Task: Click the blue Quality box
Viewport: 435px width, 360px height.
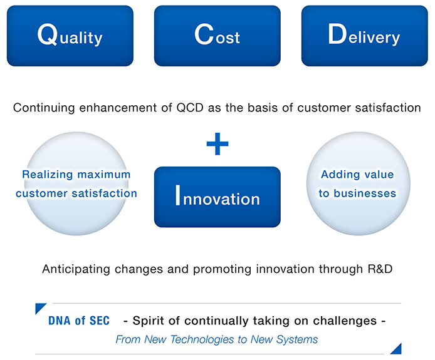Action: pyautogui.click(x=70, y=36)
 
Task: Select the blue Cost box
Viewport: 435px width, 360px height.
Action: pyautogui.click(x=217, y=36)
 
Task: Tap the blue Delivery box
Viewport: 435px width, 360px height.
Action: pyautogui.click(x=365, y=36)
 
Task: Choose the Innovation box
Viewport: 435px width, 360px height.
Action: pyautogui.click(x=217, y=197)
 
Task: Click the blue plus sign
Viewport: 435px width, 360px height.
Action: pyautogui.click(x=217, y=144)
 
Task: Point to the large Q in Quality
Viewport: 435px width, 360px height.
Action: pyautogui.click(x=48, y=34)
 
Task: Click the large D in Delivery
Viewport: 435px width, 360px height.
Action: pyautogui.click(x=337, y=34)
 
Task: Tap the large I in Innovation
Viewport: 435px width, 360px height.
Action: pyautogui.click(x=178, y=195)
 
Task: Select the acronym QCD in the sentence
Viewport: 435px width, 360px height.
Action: pyautogui.click(x=190, y=108)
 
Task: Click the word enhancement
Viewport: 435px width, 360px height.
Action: pyautogui.click(x=118, y=108)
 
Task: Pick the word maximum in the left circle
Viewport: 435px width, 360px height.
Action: pyautogui.click(x=104, y=175)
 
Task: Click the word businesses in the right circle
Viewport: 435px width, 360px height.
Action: pyautogui.click(x=365, y=193)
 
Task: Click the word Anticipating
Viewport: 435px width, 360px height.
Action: pyautogui.click(x=76, y=269)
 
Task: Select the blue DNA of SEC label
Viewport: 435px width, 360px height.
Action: pyautogui.click(x=79, y=321)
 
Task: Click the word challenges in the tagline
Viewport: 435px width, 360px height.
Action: pyautogui.click(x=345, y=321)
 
